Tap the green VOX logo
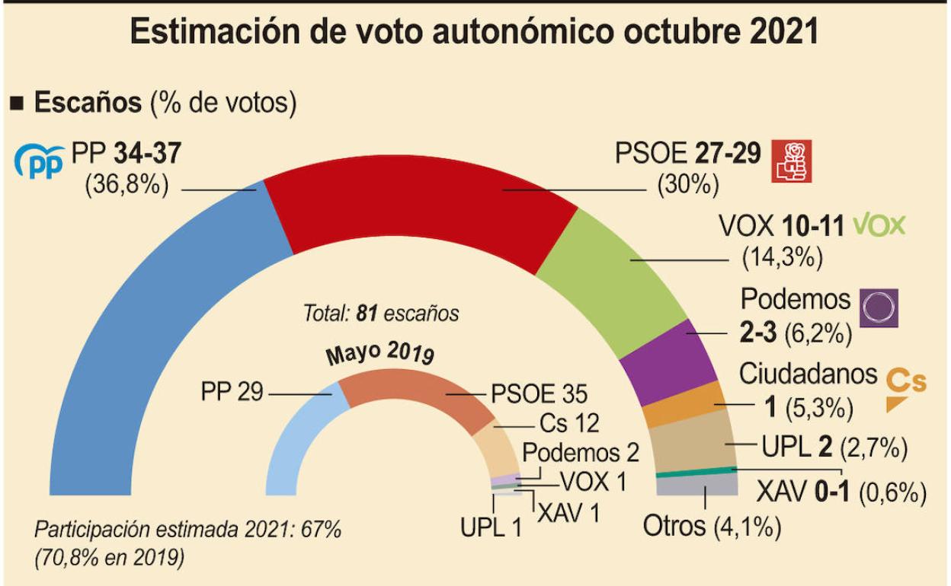tap(879, 225)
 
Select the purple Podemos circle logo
tap(879, 308)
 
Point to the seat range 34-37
tap(146, 154)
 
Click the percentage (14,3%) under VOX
tap(783, 258)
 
